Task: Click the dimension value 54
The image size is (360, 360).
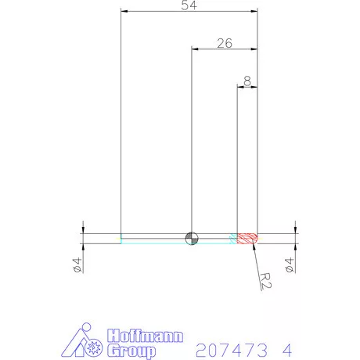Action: (x=189, y=6)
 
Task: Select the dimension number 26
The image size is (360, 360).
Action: (x=224, y=44)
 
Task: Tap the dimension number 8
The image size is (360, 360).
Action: (x=247, y=80)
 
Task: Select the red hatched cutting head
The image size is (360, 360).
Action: (x=247, y=237)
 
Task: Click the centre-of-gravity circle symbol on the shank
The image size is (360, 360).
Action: (x=192, y=238)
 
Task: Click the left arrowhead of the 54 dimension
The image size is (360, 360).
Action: (x=124, y=12)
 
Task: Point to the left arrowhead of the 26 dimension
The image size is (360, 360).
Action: (x=196, y=49)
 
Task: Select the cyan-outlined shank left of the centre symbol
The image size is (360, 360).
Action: (x=153, y=238)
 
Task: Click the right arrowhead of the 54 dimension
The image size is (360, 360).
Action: (x=254, y=12)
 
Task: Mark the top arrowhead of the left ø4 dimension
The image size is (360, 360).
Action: (x=84, y=230)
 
